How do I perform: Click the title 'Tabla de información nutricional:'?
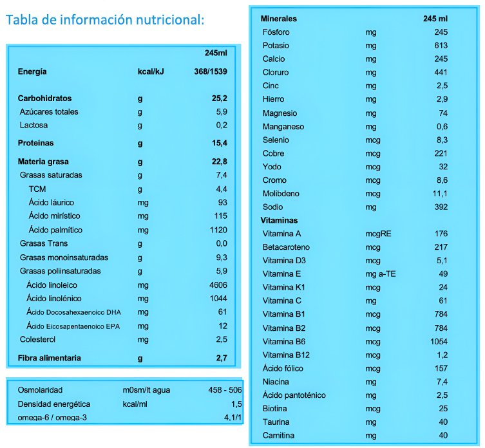click(104, 19)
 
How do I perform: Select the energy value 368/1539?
click(210, 71)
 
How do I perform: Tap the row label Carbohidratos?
click(44, 98)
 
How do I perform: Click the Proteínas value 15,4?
click(220, 143)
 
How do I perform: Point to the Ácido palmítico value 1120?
click(216, 230)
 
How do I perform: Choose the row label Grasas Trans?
click(44, 243)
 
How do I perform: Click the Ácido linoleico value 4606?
click(216, 284)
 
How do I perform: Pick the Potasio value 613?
click(441, 45)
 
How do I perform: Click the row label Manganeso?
click(283, 127)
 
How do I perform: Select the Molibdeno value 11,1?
click(440, 194)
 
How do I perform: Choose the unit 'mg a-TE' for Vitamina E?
click(380, 274)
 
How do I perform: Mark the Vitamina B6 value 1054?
click(438, 341)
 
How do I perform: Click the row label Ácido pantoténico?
click(294, 395)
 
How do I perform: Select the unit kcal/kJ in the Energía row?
click(151, 71)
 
